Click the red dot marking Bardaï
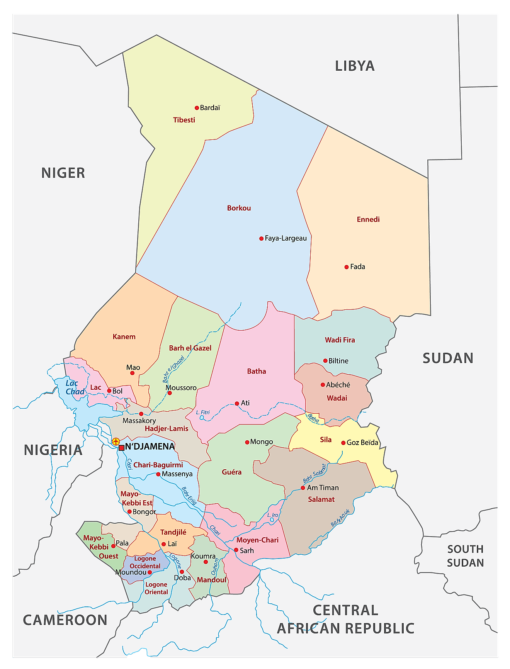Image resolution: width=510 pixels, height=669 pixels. (197, 108)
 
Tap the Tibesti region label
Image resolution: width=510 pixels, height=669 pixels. (184, 120)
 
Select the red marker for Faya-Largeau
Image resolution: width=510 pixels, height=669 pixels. (261, 238)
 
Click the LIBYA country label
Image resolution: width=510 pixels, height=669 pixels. (355, 66)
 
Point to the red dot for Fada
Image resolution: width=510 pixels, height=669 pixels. (347, 267)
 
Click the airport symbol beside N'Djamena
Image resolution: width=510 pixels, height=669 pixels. (116, 441)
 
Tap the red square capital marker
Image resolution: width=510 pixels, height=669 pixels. (121, 448)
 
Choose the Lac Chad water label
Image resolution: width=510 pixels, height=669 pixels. (75, 387)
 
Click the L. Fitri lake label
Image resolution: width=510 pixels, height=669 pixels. (203, 412)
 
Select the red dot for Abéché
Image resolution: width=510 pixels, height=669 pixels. (323, 385)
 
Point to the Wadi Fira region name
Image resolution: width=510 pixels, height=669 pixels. (340, 340)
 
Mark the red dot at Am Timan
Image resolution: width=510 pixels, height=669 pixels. (303, 488)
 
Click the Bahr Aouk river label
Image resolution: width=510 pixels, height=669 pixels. (340, 518)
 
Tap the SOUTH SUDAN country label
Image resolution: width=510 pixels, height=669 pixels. (465, 556)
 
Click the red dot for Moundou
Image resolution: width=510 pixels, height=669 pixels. (150, 572)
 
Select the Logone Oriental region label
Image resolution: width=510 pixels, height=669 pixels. (156, 588)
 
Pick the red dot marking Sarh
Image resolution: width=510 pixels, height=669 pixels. (236, 550)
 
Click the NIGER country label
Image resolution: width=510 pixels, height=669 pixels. (63, 173)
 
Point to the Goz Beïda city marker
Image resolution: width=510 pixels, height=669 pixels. (343, 443)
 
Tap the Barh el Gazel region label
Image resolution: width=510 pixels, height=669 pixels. (190, 348)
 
